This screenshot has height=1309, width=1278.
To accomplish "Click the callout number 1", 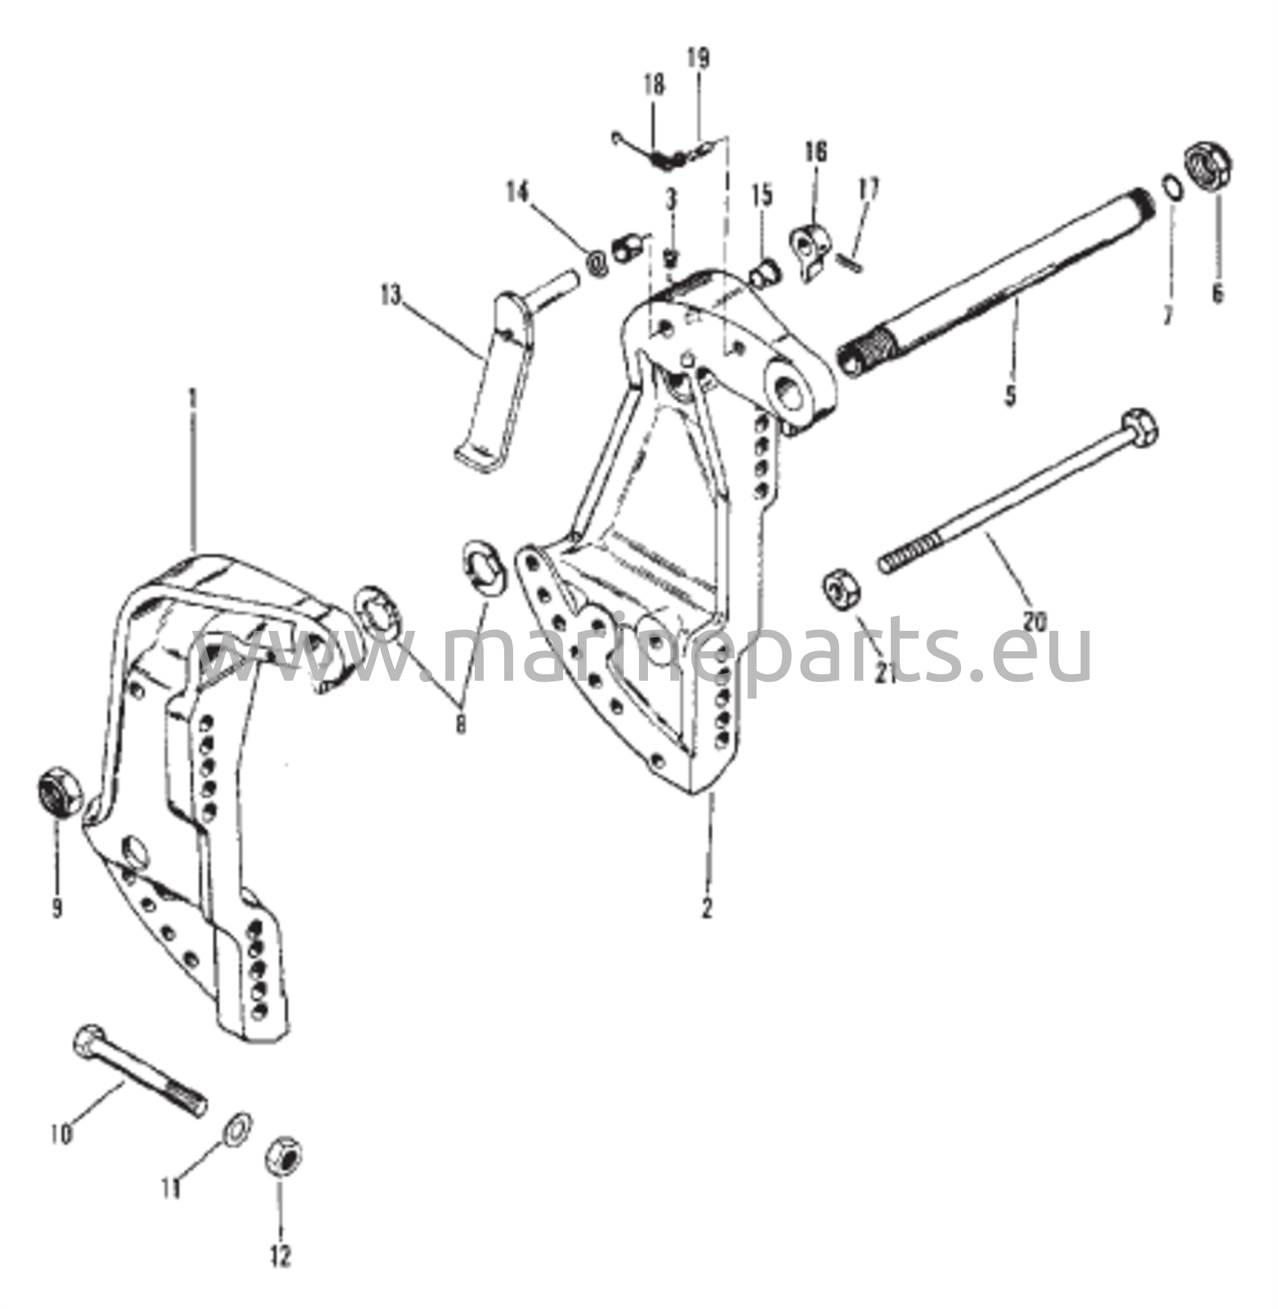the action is pyautogui.click(x=194, y=401).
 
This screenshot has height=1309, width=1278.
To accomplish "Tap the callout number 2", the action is pyautogui.click(x=706, y=906).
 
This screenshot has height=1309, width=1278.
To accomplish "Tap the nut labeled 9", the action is pyautogui.click(x=58, y=793).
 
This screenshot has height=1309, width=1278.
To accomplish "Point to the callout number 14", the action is pyautogui.click(x=518, y=193).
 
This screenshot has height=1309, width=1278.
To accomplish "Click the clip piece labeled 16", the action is pyautogui.click(x=810, y=251).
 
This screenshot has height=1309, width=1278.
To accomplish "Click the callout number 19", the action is pyautogui.click(x=698, y=59).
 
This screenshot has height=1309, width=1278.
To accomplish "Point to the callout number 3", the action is pyautogui.click(x=671, y=199).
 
